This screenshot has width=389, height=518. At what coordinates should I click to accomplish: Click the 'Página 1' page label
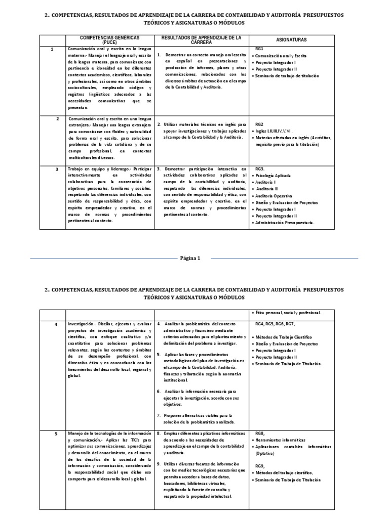pos(191,258)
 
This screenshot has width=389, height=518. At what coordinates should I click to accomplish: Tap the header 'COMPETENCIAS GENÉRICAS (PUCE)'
pos(109,40)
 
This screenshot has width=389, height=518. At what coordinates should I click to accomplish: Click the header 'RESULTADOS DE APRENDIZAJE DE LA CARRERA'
pos(201,40)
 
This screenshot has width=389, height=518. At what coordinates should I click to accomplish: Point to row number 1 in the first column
pos(52,49)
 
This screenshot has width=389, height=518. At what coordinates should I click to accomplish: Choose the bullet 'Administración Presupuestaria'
pos(285,222)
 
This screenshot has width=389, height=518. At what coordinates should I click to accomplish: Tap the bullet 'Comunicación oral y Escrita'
pos(281,56)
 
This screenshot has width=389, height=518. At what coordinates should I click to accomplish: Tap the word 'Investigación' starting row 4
pos(81,323)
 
